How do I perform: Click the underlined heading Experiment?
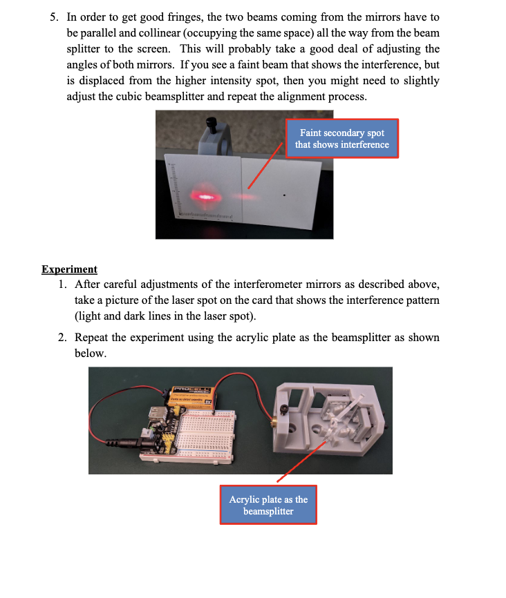pyautogui.click(x=69, y=269)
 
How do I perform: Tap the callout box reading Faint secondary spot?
pyautogui.click(x=341, y=138)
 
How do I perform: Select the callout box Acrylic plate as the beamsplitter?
pyautogui.click(x=268, y=505)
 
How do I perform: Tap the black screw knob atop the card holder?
pyautogui.click(x=212, y=124)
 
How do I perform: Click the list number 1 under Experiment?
pyautogui.click(x=62, y=285)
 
